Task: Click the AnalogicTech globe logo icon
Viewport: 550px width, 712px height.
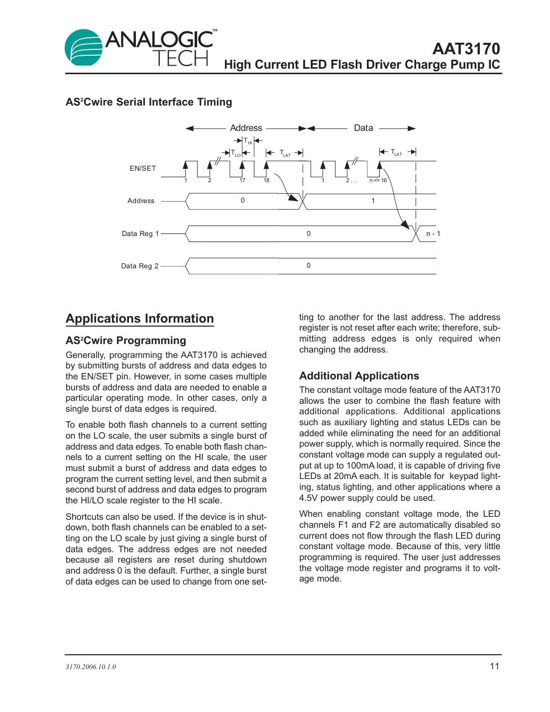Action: pyautogui.click(x=84, y=48)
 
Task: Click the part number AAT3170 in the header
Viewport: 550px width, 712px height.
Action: pyautogui.click(x=466, y=49)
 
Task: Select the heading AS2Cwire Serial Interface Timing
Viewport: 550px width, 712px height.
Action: pyautogui.click(x=149, y=102)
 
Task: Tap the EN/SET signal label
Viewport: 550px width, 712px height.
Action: pyautogui.click(x=143, y=168)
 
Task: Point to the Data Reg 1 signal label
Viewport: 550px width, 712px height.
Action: pyautogui.click(x=140, y=234)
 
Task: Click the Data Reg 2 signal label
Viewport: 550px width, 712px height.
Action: pyautogui.click(x=140, y=266)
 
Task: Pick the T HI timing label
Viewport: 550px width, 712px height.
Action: pyautogui.click(x=247, y=141)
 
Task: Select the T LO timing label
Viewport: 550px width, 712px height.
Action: pyautogui.click(x=235, y=153)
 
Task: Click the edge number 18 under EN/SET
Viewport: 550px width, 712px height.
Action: pyautogui.click(x=266, y=180)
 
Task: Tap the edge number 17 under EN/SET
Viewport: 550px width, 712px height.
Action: pyautogui.click(x=242, y=180)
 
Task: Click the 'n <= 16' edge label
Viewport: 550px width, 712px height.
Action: pyautogui.click(x=378, y=180)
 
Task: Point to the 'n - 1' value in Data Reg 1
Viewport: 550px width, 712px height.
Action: pyautogui.click(x=433, y=234)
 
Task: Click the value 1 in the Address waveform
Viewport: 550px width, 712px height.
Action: pyautogui.click(x=373, y=201)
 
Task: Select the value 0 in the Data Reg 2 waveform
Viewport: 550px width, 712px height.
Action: pyautogui.click(x=309, y=265)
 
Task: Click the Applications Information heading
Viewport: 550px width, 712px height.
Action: pyautogui.click(x=140, y=319)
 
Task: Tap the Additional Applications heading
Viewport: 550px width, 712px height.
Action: pyautogui.click(x=359, y=376)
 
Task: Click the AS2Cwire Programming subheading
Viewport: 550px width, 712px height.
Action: pyautogui.click(x=126, y=341)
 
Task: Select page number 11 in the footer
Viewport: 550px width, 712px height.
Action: pyautogui.click(x=494, y=666)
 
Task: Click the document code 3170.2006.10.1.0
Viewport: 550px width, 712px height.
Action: pyautogui.click(x=91, y=667)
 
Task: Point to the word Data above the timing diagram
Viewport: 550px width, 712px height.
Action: pyautogui.click(x=363, y=128)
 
